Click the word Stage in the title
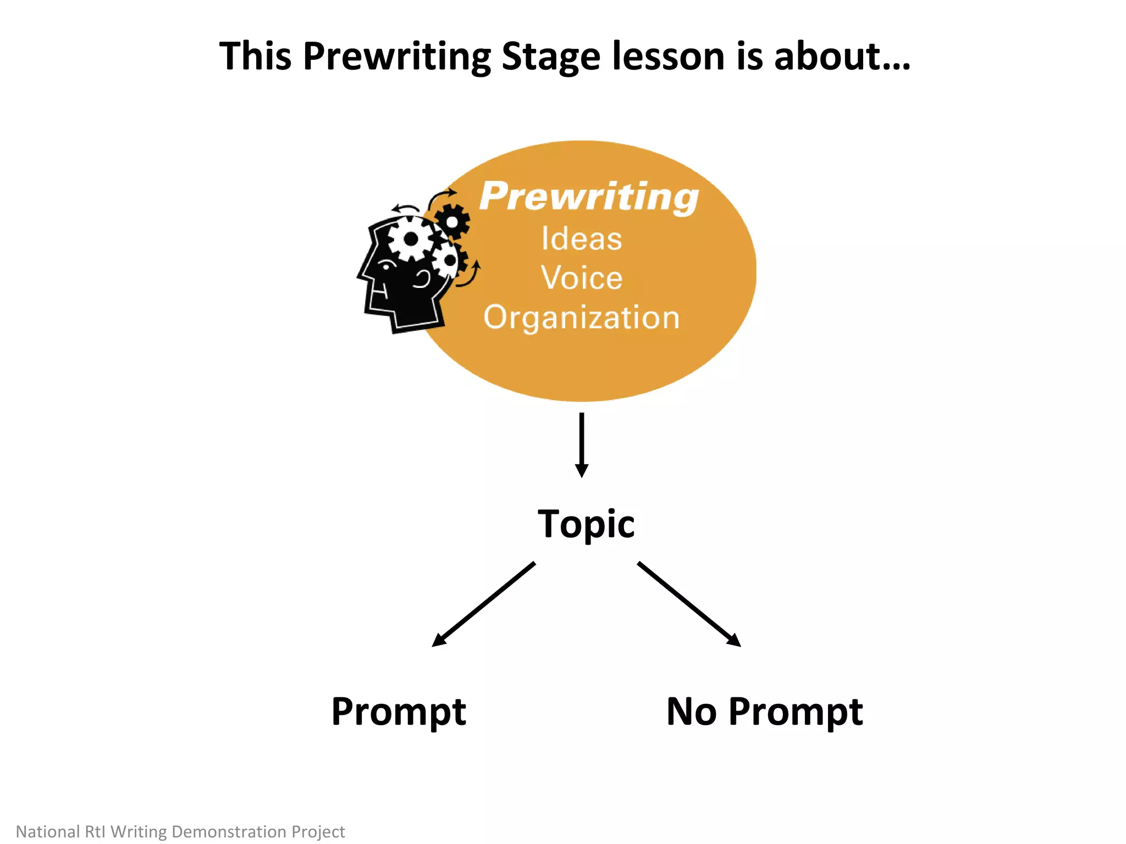551,57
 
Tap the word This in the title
255,57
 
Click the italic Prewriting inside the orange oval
588,196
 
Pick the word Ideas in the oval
582,239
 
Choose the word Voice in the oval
582,277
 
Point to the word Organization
582,318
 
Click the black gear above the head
452,221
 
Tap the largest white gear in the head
410,239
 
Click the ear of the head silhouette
422,279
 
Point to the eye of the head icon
386,266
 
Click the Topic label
586,525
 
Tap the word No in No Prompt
692,712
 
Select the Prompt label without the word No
399,713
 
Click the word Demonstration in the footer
229,831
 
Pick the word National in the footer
48,831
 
